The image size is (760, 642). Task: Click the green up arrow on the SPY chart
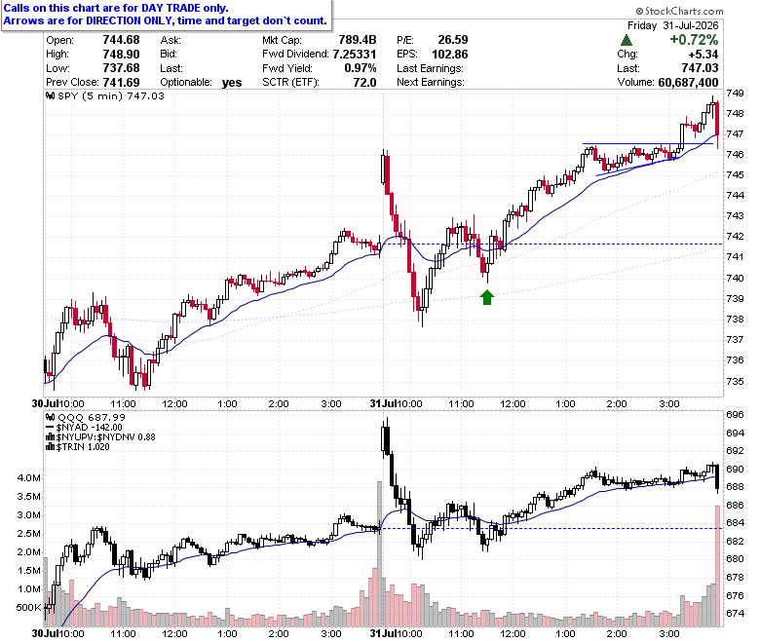[487, 297]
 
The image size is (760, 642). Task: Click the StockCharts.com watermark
[679, 11]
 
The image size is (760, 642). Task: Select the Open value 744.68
[121, 40]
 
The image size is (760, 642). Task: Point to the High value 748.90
[121, 55]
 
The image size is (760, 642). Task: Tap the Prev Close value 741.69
[121, 83]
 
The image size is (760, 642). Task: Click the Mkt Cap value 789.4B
[358, 40]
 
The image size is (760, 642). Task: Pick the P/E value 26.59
[453, 40]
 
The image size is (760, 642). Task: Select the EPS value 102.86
[450, 55]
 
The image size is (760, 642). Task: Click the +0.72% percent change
[694, 40]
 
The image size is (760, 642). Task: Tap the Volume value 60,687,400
[688, 83]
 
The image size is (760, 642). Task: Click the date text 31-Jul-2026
[691, 25]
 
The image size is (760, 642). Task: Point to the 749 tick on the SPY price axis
[735, 93]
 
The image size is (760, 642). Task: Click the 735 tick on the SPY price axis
[735, 381]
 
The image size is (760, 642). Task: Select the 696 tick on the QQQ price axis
[735, 415]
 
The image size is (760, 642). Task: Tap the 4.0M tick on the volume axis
[29, 477]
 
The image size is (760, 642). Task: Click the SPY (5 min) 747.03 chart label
[105, 95]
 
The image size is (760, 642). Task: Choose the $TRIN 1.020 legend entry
[78, 447]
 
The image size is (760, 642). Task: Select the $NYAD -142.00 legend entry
[84, 428]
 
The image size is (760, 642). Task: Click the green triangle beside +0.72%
[627, 40]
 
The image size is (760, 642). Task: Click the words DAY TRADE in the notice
[171, 8]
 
